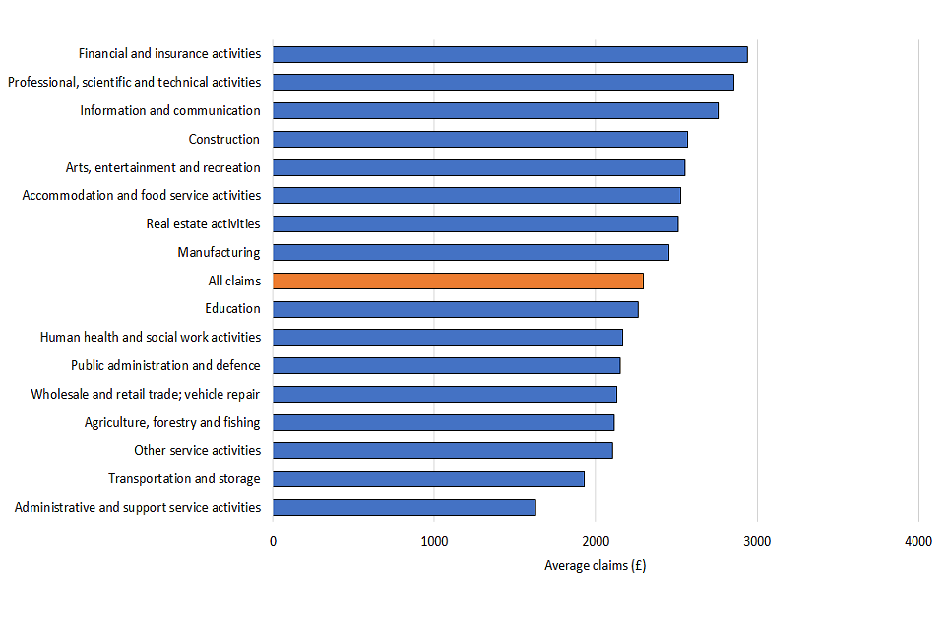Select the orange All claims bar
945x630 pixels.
pyautogui.click(x=458, y=281)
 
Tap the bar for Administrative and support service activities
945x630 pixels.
pyautogui.click(x=404, y=507)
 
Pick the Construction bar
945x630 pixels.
pyautogui.click(x=479, y=139)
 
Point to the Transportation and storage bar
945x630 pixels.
pyautogui.click(x=428, y=478)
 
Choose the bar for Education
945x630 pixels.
pyautogui.click(x=455, y=309)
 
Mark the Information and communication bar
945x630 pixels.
pyautogui.click(x=495, y=110)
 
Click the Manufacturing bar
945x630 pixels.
pyautogui.click(x=471, y=252)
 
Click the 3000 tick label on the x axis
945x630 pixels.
pyautogui.click(x=757, y=541)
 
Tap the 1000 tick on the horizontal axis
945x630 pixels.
pyautogui.click(x=434, y=541)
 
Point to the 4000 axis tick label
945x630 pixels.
pyautogui.click(x=918, y=541)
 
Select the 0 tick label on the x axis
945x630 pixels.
pyautogui.click(x=273, y=541)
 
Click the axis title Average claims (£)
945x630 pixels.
pyautogui.click(x=595, y=565)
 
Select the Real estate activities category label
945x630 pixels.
pyautogui.click(x=203, y=223)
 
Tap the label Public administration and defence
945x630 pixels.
pyautogui.click(x=165, y=365)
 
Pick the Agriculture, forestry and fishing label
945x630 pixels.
pyautogui.click(x=172, y=422)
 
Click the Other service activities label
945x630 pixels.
pyautogui.click(x=197, y=450)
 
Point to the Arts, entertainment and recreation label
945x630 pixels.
pyautogui.click(x=162, y=167)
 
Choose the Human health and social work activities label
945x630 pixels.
pyautogui.click(x=151, y=337)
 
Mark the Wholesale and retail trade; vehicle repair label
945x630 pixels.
pyautogui.click(x=146, y=394)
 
